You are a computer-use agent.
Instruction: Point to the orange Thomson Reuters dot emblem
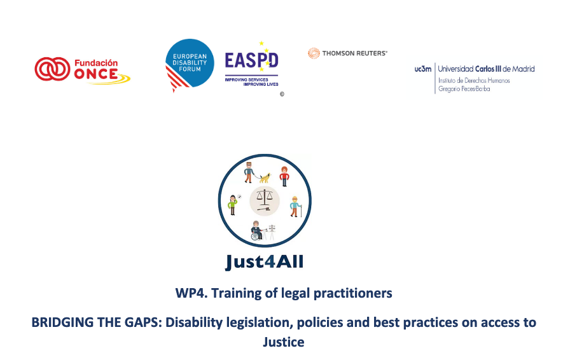coord(314,53)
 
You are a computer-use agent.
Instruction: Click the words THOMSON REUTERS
coord(354,53)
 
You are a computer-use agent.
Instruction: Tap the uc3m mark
coord(423,69)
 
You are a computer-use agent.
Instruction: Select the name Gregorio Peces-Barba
coord(464,88)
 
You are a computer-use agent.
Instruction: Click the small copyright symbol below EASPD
coord(282,94)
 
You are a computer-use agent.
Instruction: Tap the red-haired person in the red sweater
coord(284,176)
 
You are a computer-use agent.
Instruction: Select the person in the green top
coord(233,204)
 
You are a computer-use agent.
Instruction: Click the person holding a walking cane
coord(295,206)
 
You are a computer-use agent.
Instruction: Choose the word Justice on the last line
coord(284,342)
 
